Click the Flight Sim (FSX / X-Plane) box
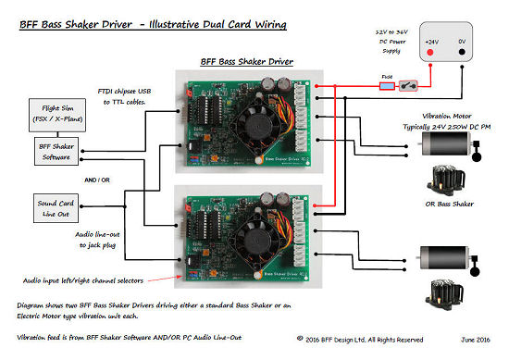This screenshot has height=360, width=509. click(53, 117)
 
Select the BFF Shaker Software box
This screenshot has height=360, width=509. click(53, 153)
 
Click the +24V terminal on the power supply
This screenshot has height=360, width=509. click(432, 43)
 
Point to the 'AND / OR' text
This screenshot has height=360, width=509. click(97, 180)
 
